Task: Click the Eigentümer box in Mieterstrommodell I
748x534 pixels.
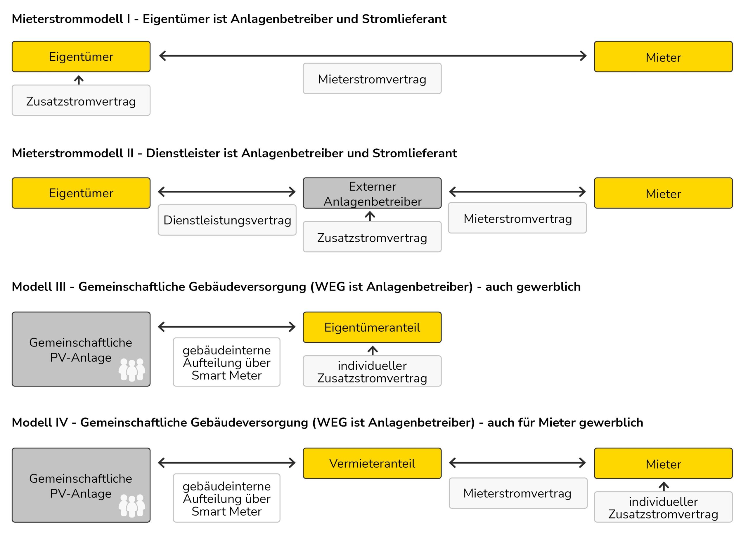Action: coord(81,57)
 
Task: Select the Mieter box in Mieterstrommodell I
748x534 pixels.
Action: coord(663,57)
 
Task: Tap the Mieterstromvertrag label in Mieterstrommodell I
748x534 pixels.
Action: coord(372,79)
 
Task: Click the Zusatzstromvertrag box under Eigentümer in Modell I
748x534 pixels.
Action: coord(81,100)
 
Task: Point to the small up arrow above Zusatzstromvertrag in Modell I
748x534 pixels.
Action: coord(79,80)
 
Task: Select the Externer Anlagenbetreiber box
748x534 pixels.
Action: coord(372,193)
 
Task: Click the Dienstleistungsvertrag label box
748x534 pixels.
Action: coord(227,220)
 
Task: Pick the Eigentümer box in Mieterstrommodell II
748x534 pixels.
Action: coord(81,193)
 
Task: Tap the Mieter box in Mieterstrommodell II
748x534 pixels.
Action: coord(663,193)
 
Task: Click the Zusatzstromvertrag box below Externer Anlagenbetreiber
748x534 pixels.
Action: coord(372,237)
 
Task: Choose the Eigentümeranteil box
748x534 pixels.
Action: coord(372,327)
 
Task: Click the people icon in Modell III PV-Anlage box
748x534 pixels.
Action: coord(132,370)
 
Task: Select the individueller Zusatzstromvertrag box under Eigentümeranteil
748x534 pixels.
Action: coord(372,371)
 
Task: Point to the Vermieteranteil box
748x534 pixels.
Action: coord(372,463)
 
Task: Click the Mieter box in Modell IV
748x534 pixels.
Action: coord(663,463)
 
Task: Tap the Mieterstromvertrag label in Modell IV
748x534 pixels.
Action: coord(518,493)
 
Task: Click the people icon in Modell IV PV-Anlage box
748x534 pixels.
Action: coord(132,506)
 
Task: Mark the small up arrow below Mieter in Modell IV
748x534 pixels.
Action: coord(664,486)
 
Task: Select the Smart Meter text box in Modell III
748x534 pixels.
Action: coord(227,362)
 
